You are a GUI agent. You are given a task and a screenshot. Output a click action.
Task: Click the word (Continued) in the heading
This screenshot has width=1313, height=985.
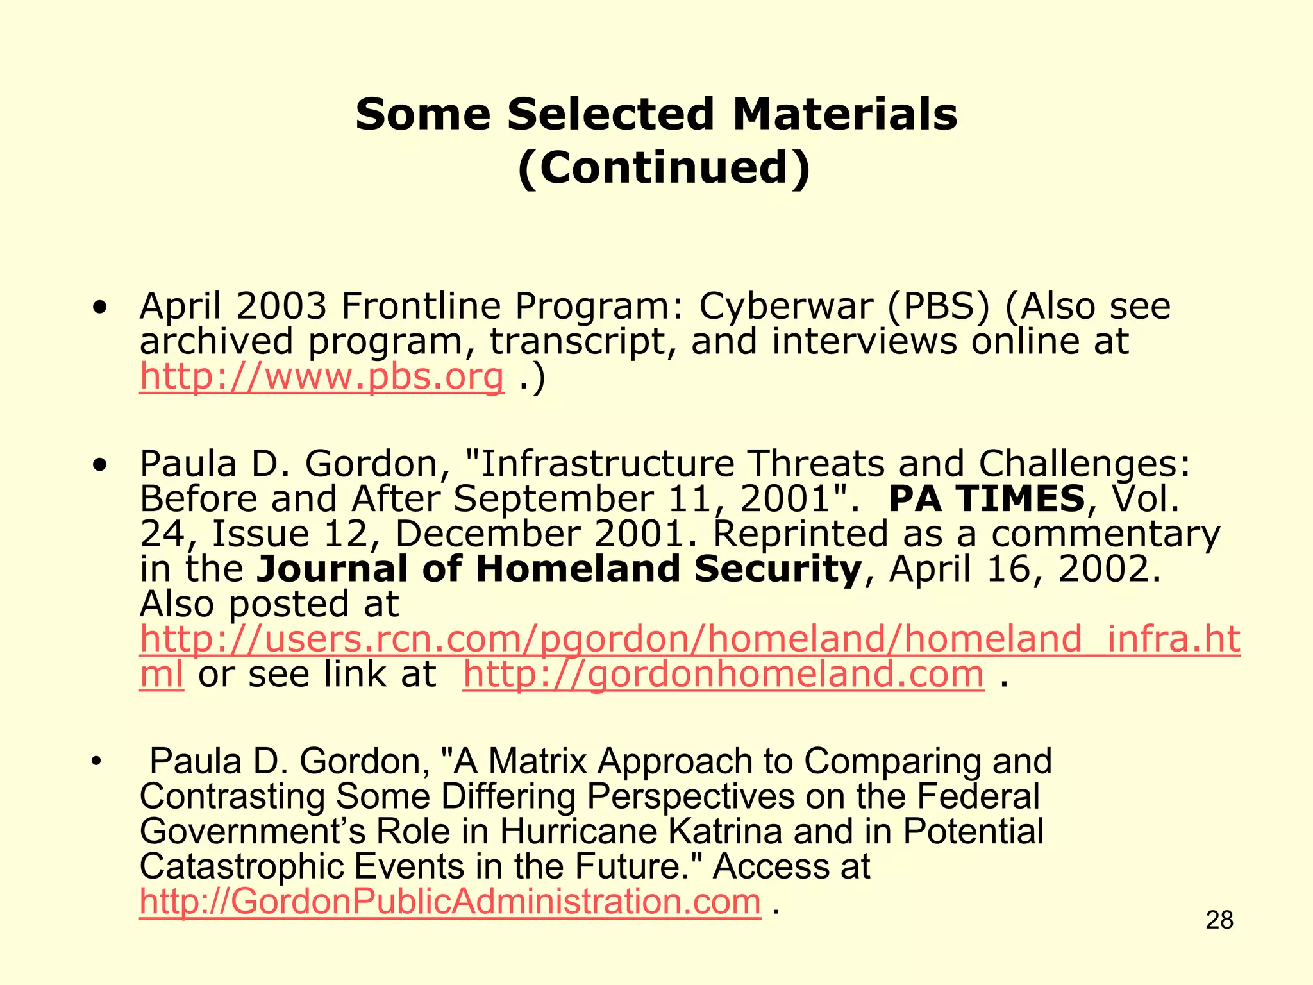tap(664, 167)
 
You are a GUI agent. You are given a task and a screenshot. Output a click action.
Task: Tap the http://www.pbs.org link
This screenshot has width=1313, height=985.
tap(321, 376)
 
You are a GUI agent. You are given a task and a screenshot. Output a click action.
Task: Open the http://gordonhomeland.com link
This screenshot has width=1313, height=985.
tap(723, 674)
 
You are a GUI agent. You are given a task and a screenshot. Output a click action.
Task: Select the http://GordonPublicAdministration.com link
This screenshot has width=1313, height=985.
tap(450, 901)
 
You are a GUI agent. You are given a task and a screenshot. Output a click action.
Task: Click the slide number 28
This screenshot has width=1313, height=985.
tap(1219, 920)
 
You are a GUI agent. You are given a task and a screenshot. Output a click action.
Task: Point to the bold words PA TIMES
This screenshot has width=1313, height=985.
tap(987, 498)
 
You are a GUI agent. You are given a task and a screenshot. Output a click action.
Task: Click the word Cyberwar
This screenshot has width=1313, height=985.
tap(785, 306)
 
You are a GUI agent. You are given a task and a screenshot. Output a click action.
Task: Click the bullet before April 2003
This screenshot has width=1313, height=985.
tap(99, 307)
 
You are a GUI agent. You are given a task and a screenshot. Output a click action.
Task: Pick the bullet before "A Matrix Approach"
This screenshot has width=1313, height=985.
tap(96, 762)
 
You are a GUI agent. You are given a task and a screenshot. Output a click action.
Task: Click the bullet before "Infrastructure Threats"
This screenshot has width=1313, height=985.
tap(99, 464)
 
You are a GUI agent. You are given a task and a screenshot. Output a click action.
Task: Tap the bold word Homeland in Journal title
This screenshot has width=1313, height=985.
tap(578, 569)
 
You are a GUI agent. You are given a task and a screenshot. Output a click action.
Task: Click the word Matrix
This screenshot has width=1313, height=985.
tap(537, 761)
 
